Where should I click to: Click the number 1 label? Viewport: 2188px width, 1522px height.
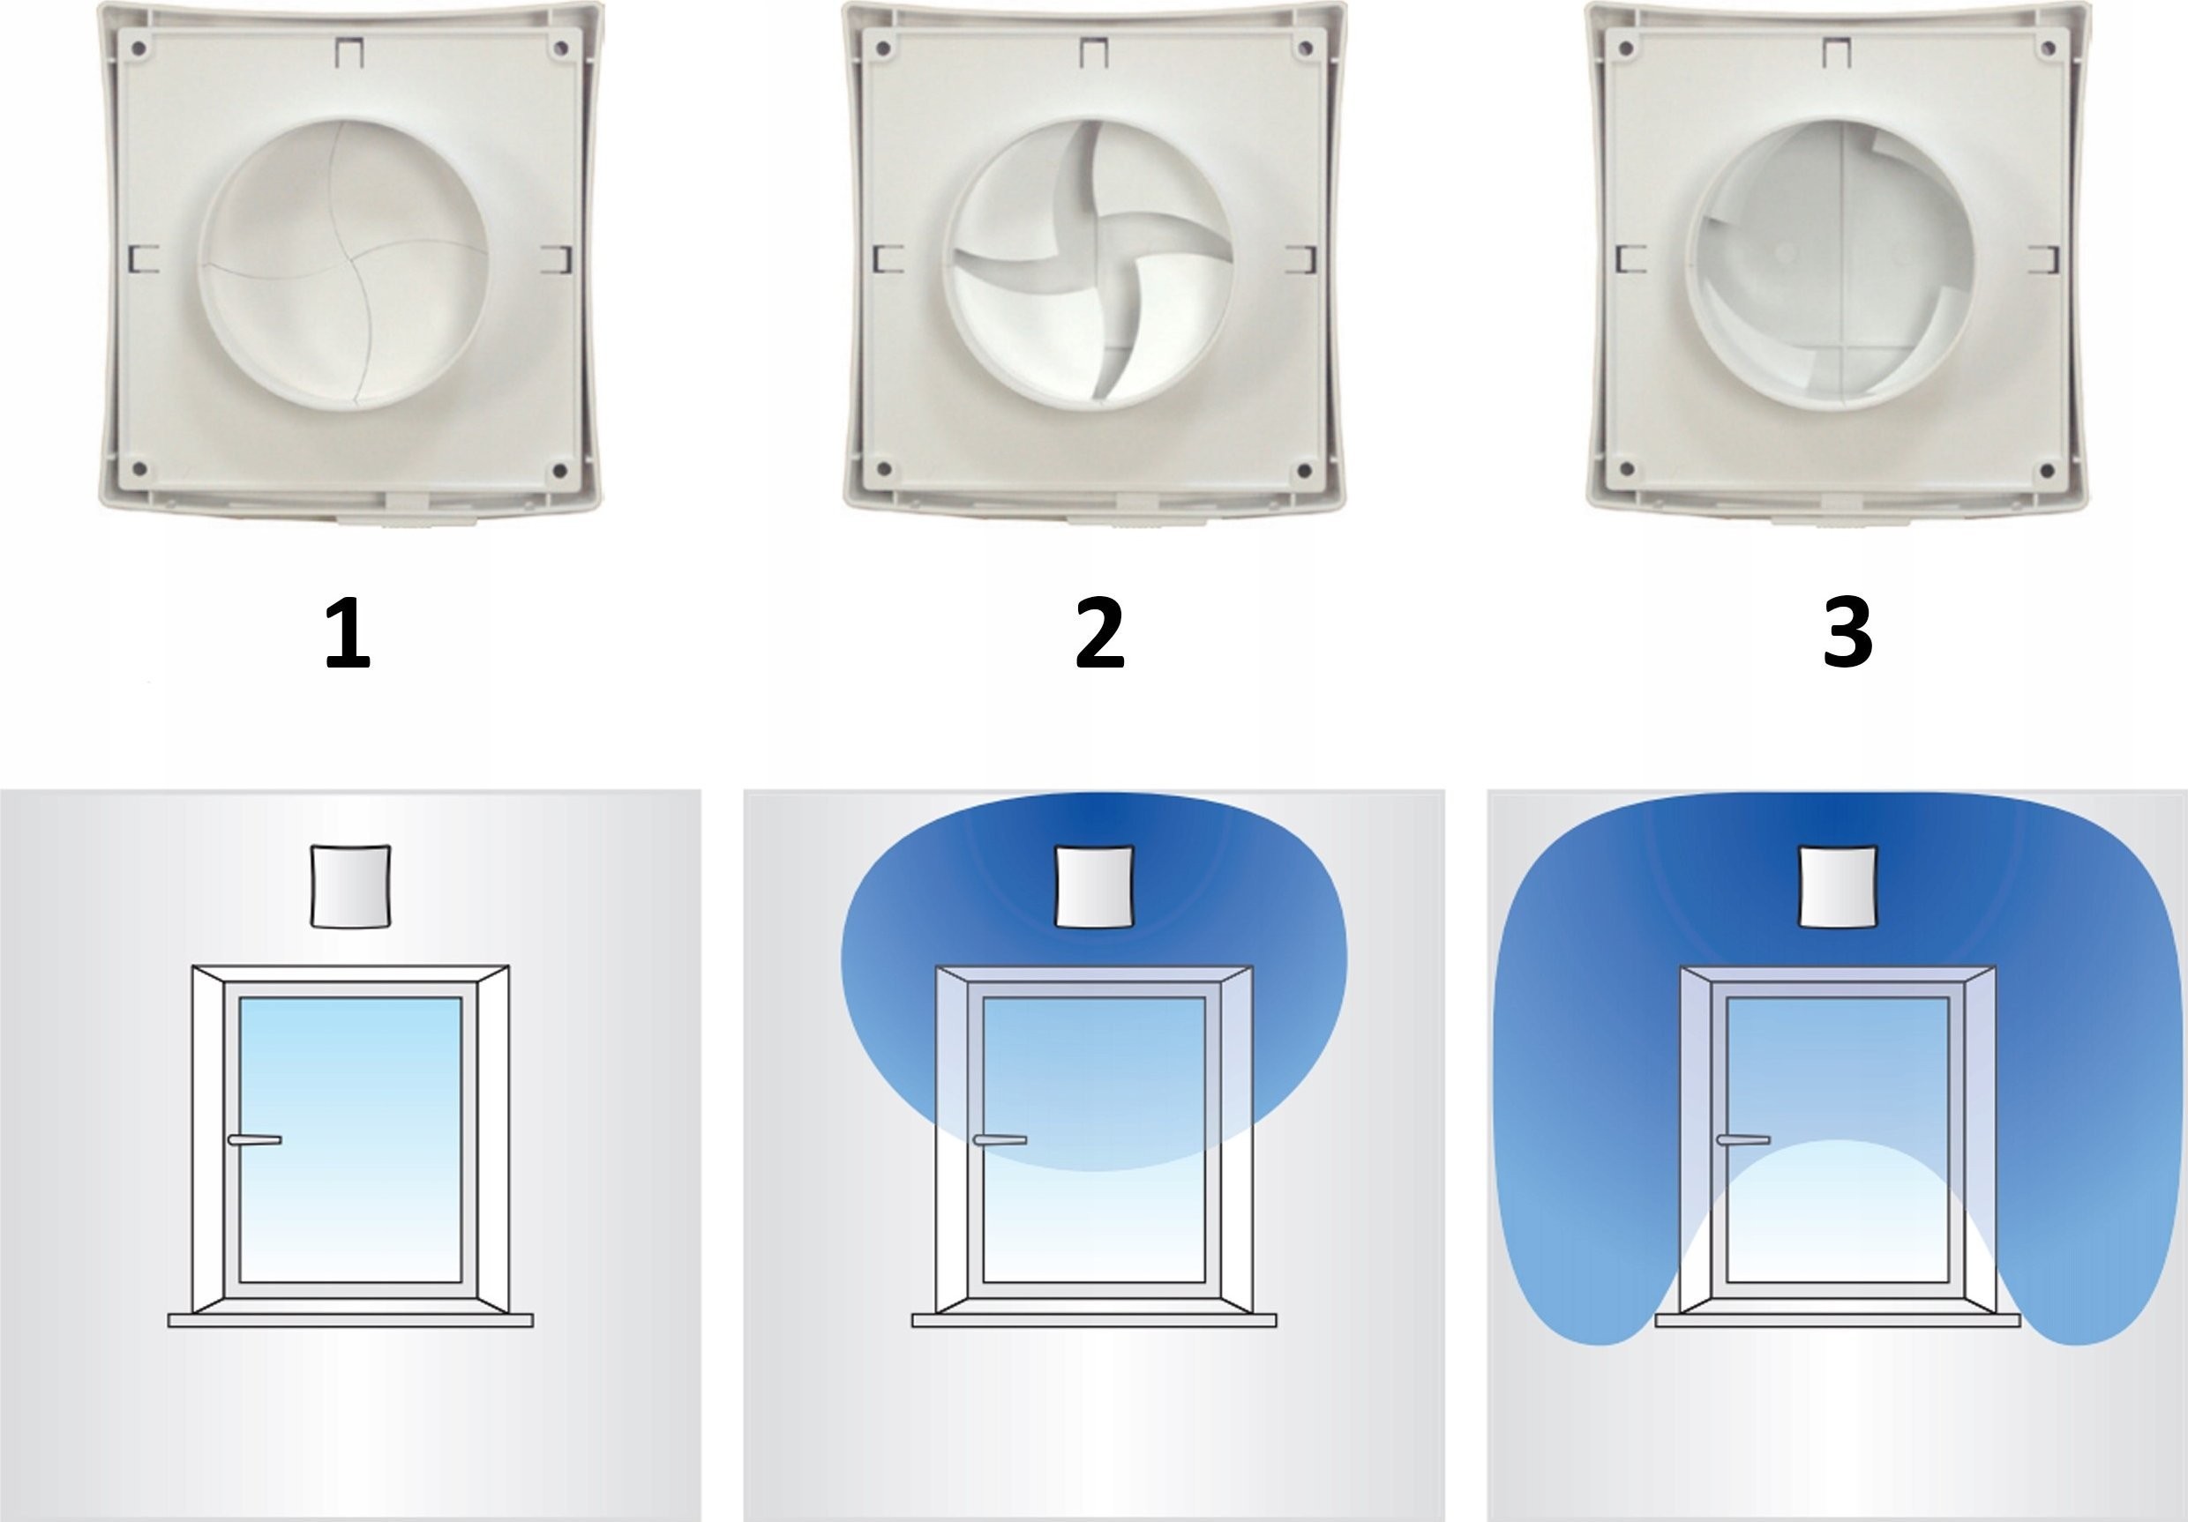(347, 633)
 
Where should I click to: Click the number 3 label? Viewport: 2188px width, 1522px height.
(1847, 633)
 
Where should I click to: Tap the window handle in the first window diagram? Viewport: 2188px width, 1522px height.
(254, 1139)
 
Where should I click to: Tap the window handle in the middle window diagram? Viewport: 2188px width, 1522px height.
(1000, 1139)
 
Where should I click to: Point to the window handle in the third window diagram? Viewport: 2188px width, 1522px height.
(1743, 1139)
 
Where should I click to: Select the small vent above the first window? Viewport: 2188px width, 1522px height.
(350, 885)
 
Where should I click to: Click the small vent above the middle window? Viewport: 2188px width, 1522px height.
(1095, 885)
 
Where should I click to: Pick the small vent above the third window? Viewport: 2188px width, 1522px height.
(1839, 885)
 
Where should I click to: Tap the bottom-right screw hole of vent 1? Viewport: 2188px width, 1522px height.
(559, 471)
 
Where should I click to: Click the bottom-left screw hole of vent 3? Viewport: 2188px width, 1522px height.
(1627, 469)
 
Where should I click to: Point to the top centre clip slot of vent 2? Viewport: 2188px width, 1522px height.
(1094, 52)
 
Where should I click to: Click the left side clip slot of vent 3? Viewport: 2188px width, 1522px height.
(1630, 259)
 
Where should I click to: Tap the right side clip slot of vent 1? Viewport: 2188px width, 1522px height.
(557, 259)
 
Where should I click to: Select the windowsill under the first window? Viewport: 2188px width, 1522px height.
(350, 1320)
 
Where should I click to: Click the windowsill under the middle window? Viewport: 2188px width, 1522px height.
(1094, 1320)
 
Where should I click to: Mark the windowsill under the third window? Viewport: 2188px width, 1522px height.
(1838, 1320)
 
